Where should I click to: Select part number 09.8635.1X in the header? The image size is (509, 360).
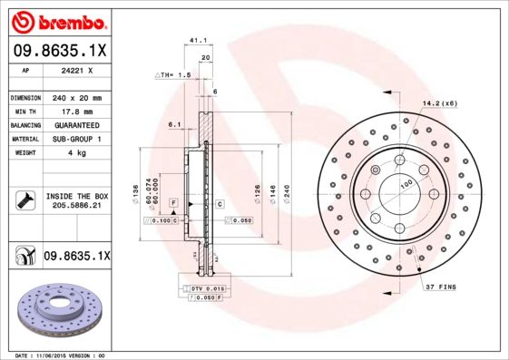60,52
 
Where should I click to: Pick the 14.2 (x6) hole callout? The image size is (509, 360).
437,102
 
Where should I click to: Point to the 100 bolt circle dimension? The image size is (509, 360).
406,184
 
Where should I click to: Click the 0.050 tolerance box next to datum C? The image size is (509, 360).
241,220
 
